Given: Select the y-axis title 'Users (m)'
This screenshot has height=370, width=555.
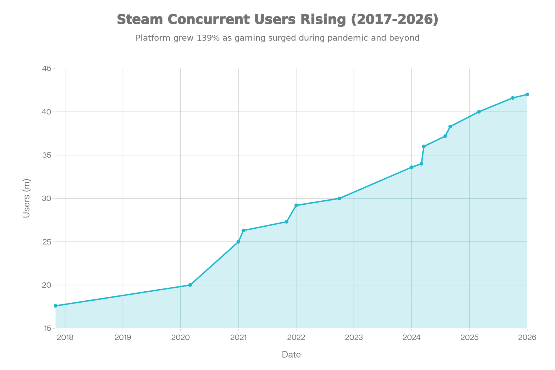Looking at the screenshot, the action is click(26, 198).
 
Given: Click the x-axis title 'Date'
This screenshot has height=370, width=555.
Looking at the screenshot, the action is click(291, 354).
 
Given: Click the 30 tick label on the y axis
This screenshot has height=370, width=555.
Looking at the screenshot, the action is click(47, 198).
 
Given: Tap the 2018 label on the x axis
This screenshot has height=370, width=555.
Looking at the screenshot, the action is click(65, 337).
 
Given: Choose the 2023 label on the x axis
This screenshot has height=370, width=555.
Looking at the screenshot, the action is click(354, 337).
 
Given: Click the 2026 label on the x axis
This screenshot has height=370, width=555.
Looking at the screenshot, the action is click(527, 337).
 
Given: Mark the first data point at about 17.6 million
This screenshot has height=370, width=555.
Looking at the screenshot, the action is click(55, 306).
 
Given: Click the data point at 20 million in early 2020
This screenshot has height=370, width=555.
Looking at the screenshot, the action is click(190, 285).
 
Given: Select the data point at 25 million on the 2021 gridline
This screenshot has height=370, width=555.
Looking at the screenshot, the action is click(238, 242).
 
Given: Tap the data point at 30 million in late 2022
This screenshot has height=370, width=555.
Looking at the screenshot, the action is click(339, 198).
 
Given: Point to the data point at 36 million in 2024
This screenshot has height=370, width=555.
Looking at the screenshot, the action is click(424, 147).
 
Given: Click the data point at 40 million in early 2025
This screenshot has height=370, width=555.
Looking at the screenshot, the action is click(479, 112).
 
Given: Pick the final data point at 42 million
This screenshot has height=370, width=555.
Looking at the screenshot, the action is click(527, 95).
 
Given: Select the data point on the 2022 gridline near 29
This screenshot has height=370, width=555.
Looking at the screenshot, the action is click(296, 205).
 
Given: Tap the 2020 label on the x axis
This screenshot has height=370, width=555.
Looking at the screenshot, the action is click(180, 337).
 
